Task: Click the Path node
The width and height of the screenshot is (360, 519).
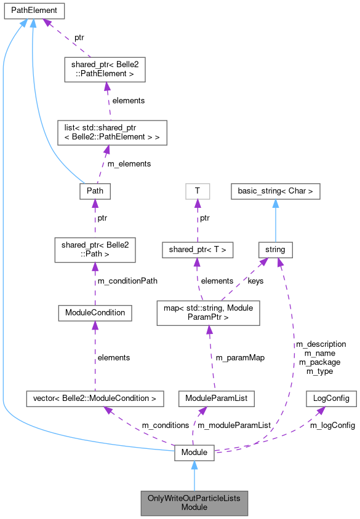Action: pyautogui.click(x=95, y=191)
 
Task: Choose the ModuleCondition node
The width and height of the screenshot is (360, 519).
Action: pyautogui.click(x=95, y=312)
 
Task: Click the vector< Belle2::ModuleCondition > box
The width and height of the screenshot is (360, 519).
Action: pyautogui.click(x=95, y=398)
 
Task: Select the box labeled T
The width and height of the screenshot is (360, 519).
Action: pyautogui.click(x=197, y=191)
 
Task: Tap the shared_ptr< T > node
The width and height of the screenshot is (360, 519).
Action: pyautogui.click(x=197, y=250)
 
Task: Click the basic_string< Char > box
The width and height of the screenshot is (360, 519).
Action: pyautogui.click(x=275, y=191)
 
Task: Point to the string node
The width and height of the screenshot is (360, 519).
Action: pyautogui.click(x=274, y=250)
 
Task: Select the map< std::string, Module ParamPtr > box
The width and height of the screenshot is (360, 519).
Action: pyautogui.click(x=209, y=312)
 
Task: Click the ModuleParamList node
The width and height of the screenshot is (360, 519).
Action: pyautogui.click(x=212, y=398)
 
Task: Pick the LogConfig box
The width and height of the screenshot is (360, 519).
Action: pyautogui.click(x=331, y=398)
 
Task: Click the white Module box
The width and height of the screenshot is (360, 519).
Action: pyautogui.click(x=194, y=453)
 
